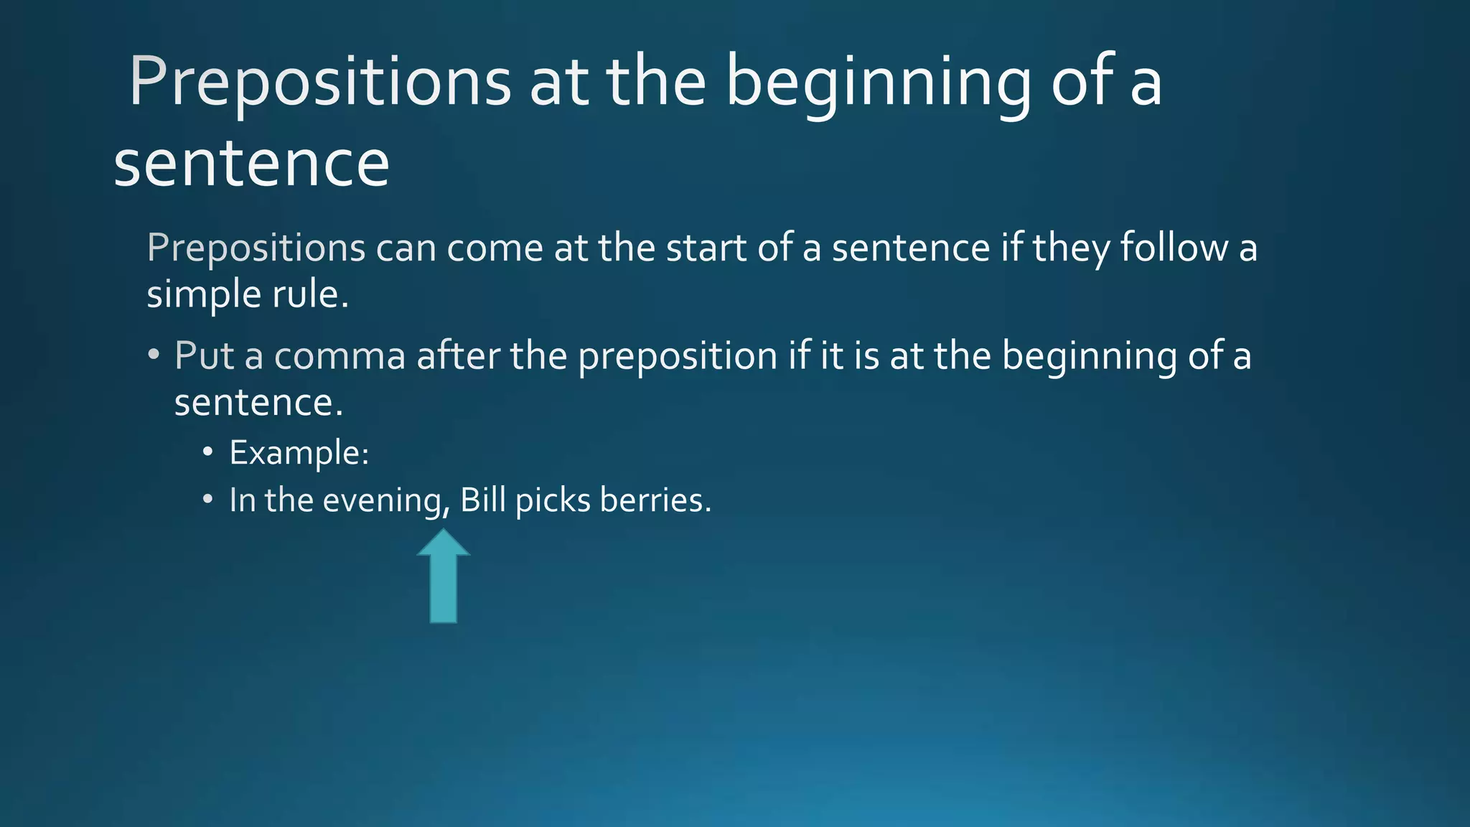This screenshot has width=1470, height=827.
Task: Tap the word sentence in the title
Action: click(251, 164)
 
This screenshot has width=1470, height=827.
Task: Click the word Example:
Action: click(299, 453)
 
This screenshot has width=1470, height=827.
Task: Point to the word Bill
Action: click(482, 500)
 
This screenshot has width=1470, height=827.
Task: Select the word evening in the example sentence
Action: click(385, 500)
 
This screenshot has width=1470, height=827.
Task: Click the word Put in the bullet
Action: click(204, 355)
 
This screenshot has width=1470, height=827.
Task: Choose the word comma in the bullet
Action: click(340, 355)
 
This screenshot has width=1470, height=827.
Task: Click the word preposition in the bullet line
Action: click(678, 355)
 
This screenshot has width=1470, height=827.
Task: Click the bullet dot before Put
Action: click(154, 355)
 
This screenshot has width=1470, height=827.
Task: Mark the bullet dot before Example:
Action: click(207, 453)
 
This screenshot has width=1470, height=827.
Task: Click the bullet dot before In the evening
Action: click(207, 500)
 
